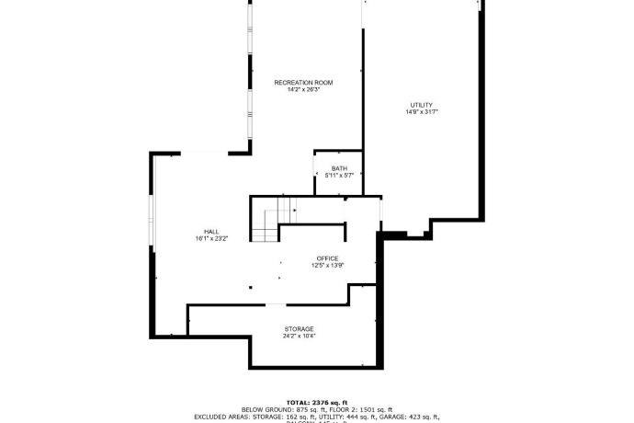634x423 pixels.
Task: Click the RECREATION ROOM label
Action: (x=303, y=83)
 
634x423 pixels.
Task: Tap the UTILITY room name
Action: (x=422, y=105)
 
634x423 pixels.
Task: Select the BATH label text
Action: (x=339, y=168)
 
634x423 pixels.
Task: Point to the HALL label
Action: (x=211, y=231)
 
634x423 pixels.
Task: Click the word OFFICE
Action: (x=327, y=258)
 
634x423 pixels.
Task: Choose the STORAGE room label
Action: (x=299, y=328)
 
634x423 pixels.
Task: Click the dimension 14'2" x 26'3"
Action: (x=303, y=90)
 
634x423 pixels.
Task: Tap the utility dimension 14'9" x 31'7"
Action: (x=422, y=112)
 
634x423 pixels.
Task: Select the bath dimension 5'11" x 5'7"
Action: (x=339, y=175)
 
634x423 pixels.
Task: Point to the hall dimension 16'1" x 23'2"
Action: (x=211, y=238)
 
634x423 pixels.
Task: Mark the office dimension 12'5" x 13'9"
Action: (x=327, y=266)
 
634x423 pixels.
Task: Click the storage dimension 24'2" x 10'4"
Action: (x=299, y=336)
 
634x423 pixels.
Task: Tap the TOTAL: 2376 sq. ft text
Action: (x=317, y=402)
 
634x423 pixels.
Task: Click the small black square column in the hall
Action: (x=250, y=287)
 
